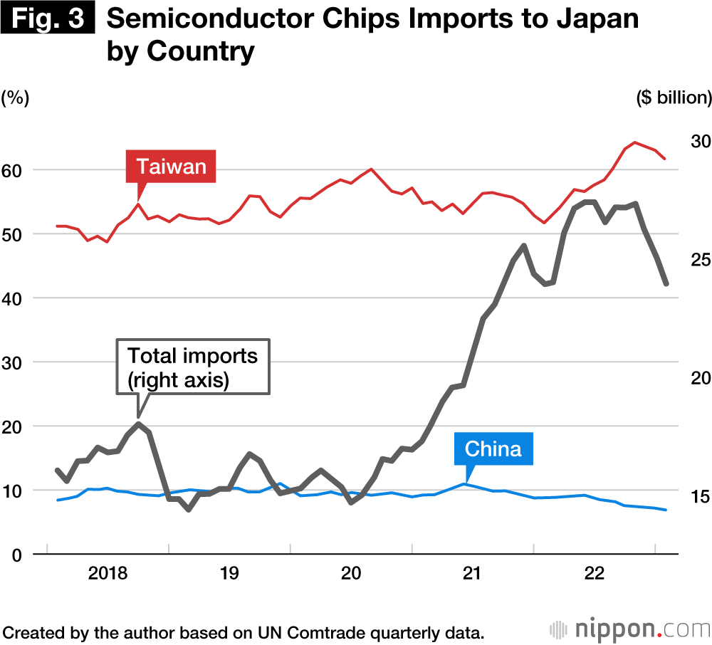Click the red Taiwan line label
click(171, 167)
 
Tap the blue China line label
click(493, 449)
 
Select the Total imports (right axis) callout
click(193, 367)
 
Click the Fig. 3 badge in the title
click(48, 19)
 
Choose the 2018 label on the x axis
click(108, 574)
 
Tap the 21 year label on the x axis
click(472, 574)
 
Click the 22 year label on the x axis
click(594, 574)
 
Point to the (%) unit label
click(16, 98)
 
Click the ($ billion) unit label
click(674, 98)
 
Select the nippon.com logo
click(629, 629)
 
